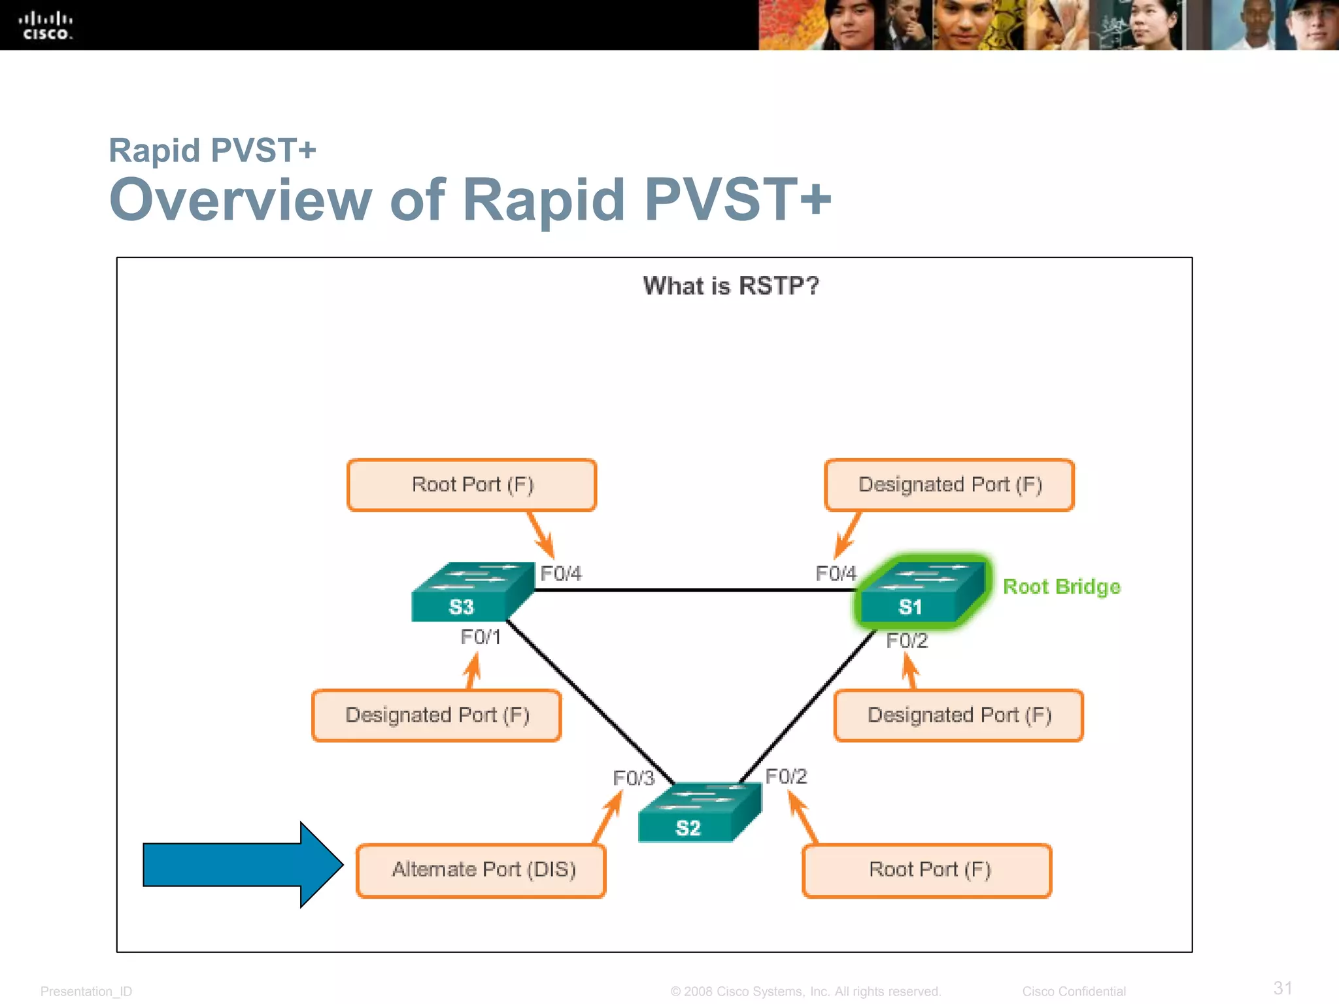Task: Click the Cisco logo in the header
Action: tap(46, 26)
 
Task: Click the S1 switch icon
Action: tap(921, 592)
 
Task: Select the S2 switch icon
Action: tap(699, 812)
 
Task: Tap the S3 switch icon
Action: tap(472, 592)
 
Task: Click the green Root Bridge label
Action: tap(1061, 586)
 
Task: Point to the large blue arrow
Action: tap(243, 864)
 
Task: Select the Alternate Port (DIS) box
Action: tap(481, 870)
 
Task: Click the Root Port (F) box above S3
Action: tap(471, 484)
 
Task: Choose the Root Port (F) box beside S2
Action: tap(927, 870)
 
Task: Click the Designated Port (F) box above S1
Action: tap(949, 484)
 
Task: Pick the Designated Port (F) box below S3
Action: tap(436, 715)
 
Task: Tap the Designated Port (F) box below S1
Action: tap(958, 715)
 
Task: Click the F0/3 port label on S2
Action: tap(633, 778)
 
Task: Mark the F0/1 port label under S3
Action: tap(481, 637)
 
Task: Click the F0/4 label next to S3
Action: tap(560, 573)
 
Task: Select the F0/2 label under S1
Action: tap(906, 641)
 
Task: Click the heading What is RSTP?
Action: tap(730, 286)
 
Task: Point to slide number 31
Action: tap(1283, 988)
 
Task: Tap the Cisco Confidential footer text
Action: tap(1074, 991)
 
